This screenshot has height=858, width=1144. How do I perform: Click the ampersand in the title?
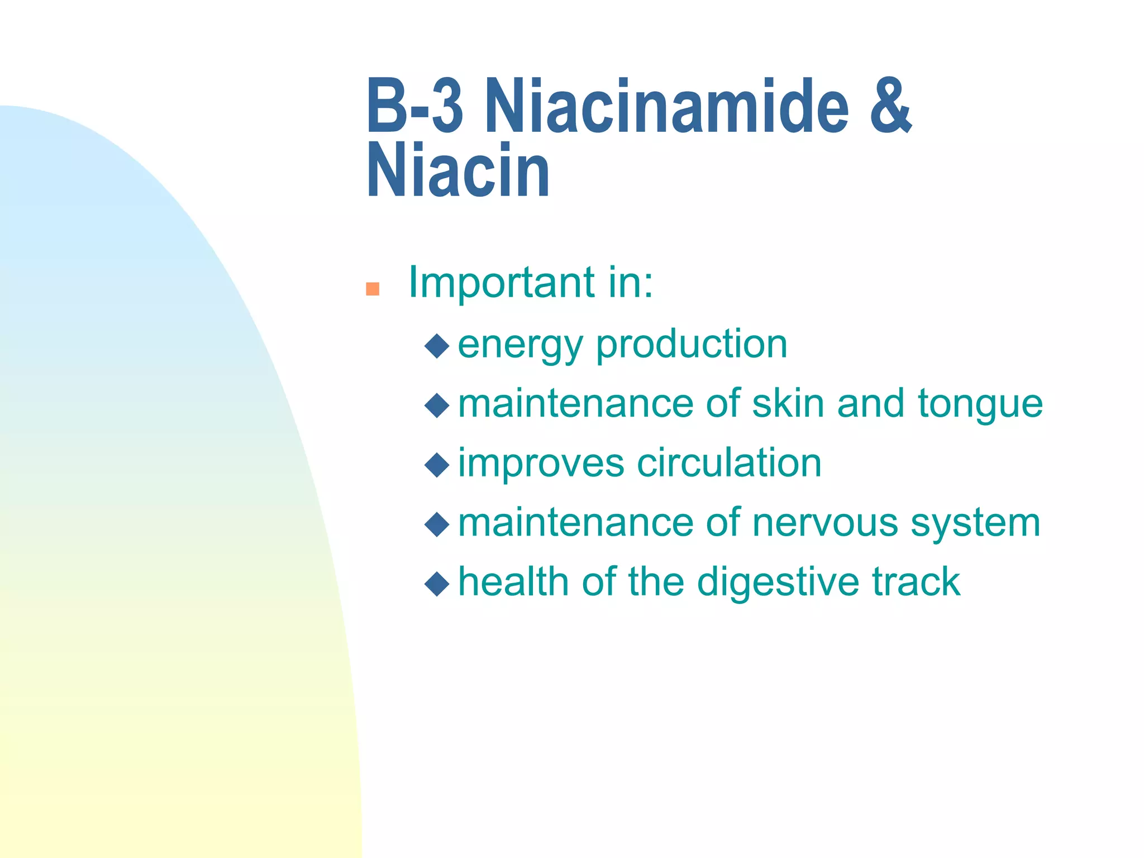tap(890, 106)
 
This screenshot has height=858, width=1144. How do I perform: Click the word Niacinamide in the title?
tap(667, 106)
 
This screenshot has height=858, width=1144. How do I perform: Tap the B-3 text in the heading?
tap(414, 106)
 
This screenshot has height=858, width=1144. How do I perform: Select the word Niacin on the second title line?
tap(458, 170)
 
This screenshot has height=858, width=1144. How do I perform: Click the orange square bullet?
tap(373, 289)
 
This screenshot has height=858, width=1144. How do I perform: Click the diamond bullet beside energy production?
tap(437, 346)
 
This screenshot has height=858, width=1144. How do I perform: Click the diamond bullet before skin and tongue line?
tap(437, 405)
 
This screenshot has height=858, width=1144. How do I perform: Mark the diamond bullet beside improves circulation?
tap(437, 465)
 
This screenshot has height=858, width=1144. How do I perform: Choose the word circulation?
tap(729, 463)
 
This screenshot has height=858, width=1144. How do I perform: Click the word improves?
tap(541, 464)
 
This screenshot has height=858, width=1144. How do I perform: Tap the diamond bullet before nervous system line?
tap(437, 524)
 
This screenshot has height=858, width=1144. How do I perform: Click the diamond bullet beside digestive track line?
tap(437, 584)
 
